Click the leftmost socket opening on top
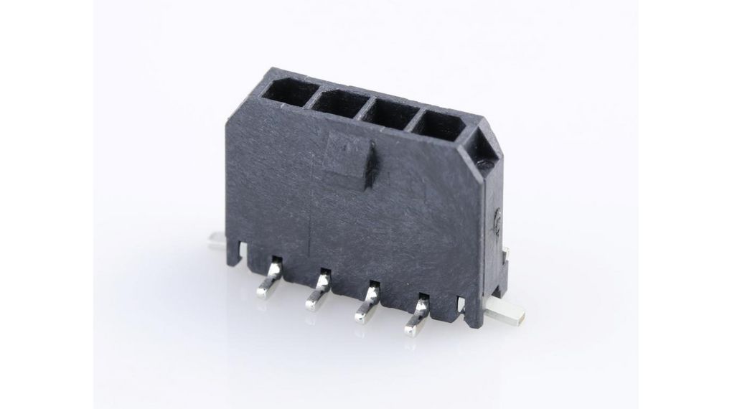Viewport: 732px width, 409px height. [x=288, y=91]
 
